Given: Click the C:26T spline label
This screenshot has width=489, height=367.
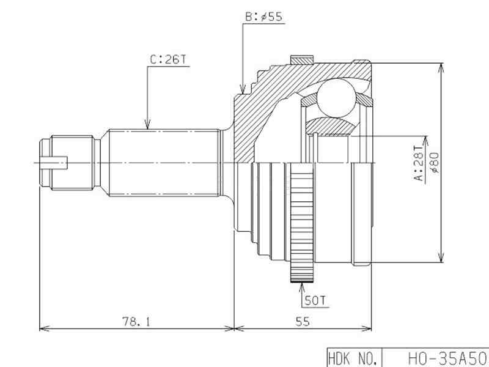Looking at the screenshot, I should coord(168,60).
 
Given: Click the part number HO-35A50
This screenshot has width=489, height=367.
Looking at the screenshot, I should coord(447,358).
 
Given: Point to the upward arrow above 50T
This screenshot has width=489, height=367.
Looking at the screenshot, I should coord(302,283).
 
